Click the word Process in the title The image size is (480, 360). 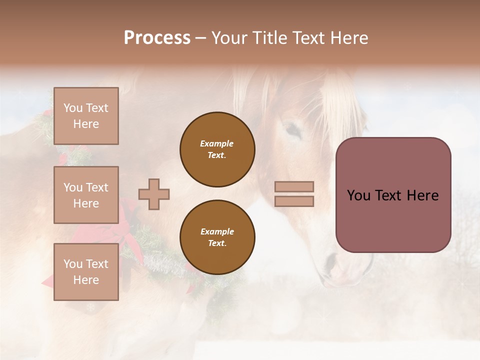pos(157,38)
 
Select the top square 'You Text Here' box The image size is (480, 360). pos(86,116)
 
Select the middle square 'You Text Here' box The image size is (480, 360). pos(86,195)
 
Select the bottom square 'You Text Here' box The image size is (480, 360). pos(86,272)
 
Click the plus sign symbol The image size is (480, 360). pos(154,194)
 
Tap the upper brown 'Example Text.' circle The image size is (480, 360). pos(217,149)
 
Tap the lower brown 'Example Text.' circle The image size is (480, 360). pos(217,237)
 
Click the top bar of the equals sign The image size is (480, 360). pos(294,187)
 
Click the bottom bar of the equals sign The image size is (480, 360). pos(294,201)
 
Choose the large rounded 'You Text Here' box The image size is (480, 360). pos(393,195)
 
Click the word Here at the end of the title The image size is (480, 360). pos(348,38)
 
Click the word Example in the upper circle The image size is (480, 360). pos(217,144)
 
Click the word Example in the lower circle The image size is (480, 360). pos(217,232)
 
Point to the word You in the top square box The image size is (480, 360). pos(73,108)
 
